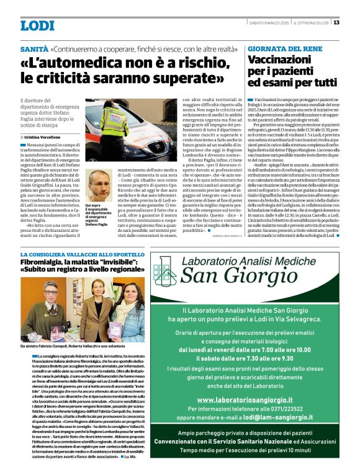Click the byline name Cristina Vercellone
[x=42, y=136]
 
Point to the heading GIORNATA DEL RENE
[x=279, y=48]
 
